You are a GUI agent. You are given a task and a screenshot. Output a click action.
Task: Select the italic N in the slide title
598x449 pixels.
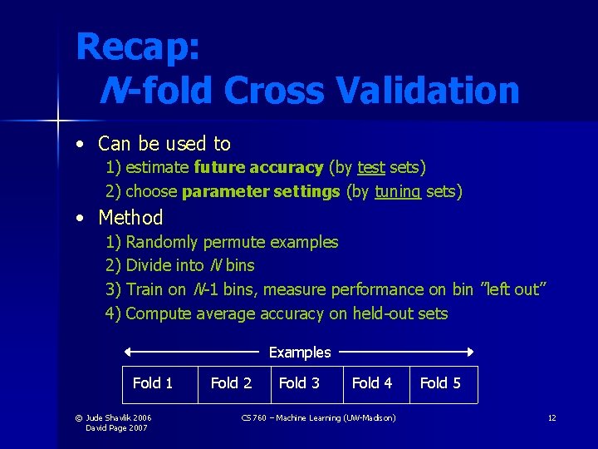point(111,90)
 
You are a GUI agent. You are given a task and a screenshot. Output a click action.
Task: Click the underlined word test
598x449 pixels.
point(371,168)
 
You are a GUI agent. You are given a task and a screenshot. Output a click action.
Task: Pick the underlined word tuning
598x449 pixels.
point(398,192)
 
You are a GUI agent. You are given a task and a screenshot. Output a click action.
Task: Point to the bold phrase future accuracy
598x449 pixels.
point(258,168)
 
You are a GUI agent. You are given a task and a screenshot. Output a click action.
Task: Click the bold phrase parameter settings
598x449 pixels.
point(261,192)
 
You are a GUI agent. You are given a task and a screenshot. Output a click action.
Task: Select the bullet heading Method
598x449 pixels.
point(130,218)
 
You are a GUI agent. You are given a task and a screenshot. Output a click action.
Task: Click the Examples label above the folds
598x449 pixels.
point(300,353)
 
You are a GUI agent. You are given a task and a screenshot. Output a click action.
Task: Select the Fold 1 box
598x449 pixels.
point(153,383)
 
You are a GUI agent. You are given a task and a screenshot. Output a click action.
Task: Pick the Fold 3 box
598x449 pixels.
point(299,383)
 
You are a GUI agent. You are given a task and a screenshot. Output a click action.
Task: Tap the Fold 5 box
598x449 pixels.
point(440,383)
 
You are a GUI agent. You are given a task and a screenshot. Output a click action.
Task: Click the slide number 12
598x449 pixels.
point(551,417)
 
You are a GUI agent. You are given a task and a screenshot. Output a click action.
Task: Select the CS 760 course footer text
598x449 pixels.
point(318,417)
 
